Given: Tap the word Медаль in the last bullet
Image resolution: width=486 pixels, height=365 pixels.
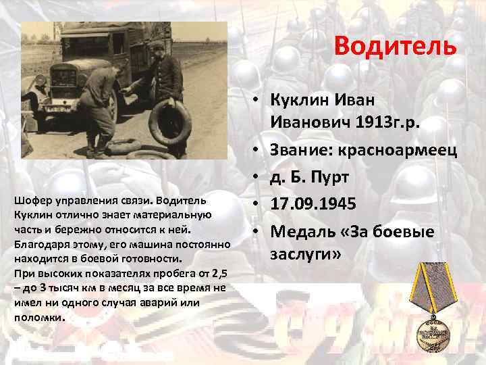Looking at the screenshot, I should tap(303, 231).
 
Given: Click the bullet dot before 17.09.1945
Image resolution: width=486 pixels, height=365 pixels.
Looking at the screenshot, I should tap(258, 203).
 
